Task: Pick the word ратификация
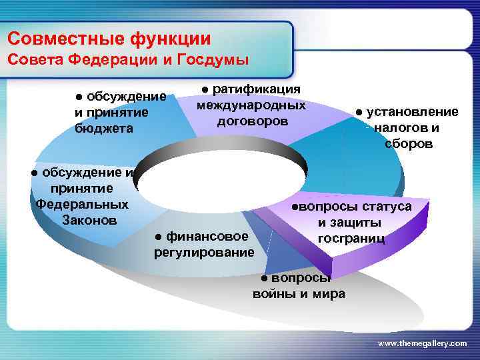pos(257,89)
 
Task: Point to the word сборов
pos(409,143)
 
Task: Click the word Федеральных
pos(82,203)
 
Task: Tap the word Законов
pos(89,219)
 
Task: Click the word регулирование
pos(204,252)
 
